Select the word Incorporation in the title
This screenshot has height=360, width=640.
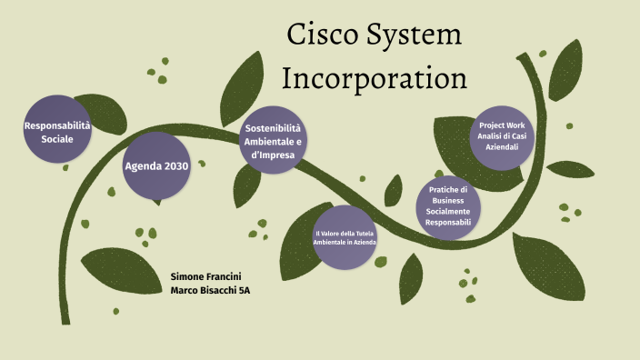[x=375, y=78]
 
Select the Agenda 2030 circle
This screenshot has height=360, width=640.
[x=156, y=166]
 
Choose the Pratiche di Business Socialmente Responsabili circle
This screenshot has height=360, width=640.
[x=449, y=206]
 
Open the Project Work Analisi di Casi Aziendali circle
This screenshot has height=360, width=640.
[x=502, y=136]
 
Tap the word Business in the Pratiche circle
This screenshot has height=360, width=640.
[x=449, y=200]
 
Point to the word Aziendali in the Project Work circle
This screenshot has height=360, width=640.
[x=502, y=146]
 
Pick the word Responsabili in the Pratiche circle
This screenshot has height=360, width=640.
[x=449, y=222]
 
